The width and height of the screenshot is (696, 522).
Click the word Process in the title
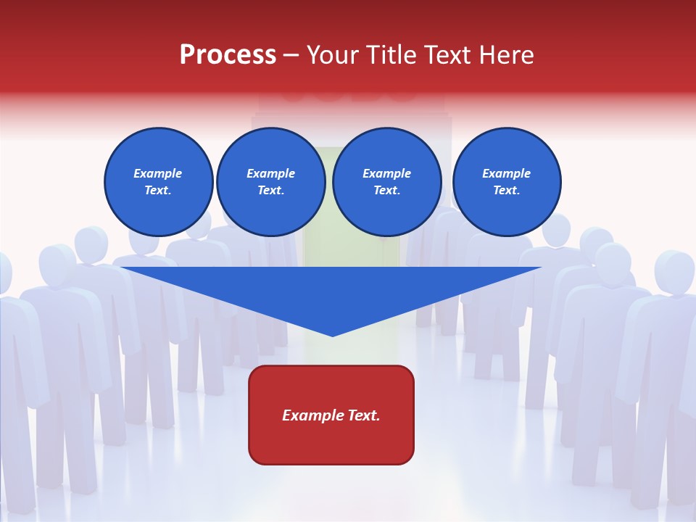pos(228,55)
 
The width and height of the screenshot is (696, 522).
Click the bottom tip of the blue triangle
pos(332,334)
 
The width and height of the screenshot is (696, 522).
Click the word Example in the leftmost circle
pos(158,173)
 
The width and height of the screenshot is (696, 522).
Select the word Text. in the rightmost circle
pos(507,190)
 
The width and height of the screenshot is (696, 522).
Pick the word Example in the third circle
pos(386,173)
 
